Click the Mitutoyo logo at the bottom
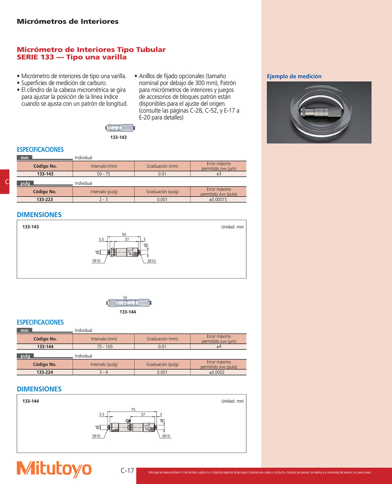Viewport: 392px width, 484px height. click(54, 469)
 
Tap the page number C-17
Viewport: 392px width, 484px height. click(127, 470)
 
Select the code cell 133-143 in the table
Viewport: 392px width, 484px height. click(45, 174)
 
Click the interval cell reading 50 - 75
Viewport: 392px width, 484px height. click(104, 174)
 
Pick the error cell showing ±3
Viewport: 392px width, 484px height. click(219, 174)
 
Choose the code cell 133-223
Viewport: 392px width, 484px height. click(45, 199)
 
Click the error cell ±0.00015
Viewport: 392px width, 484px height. click(218, 199)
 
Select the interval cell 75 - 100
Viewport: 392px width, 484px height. click(105, 347)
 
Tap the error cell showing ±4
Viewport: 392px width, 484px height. click(219, 347)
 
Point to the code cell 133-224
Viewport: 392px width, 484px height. click(45, 372)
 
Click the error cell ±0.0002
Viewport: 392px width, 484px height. click(217, 372)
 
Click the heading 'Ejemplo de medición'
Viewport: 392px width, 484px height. click(294, 76)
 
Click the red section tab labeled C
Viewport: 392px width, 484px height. click(5, 182)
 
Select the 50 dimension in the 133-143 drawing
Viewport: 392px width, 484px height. click(124, 234)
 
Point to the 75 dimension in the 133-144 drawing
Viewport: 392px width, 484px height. click(133, 410)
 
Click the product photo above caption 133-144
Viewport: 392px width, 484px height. click(129, 302)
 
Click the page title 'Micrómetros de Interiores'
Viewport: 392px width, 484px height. click(68, 22)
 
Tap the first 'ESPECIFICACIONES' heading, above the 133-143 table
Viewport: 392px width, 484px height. click(40, 150)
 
